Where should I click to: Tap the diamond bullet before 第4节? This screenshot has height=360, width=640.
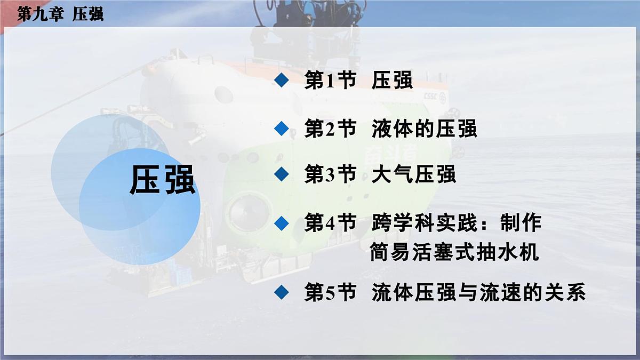point(281,222)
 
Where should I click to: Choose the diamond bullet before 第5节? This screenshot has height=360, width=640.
point(281,292)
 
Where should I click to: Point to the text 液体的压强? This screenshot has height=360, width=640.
point(425,129)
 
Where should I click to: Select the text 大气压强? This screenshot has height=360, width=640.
point(414,174)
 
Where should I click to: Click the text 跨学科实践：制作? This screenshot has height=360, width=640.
point(457,223)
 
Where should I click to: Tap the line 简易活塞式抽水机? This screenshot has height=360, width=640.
point(454,252)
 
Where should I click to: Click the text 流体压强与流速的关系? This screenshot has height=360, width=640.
point(479,293)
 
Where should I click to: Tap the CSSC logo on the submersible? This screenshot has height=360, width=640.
point(431,97)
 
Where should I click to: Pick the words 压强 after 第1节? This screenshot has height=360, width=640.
point(393,81)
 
